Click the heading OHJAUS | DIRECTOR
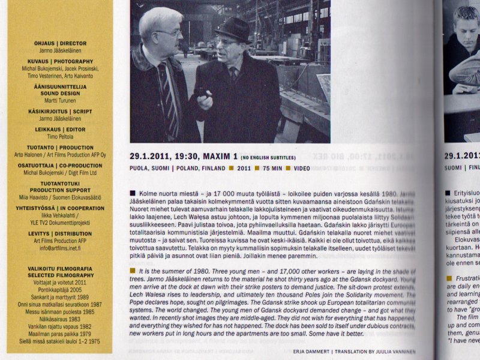pyautogui.click(x=60, y=44)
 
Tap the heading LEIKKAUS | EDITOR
pyautogui.click(x=60, y=129)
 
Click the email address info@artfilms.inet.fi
pyautogui.click(x=60, y=248)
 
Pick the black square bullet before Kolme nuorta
pyautogui.click(x=133, y=194)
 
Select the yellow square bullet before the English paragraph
pyautogui.click(x=133, y=271)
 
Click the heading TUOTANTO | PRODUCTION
pyautogui.click(x=60, y=147)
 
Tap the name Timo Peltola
pyautogui.click(x=60, y=136)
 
